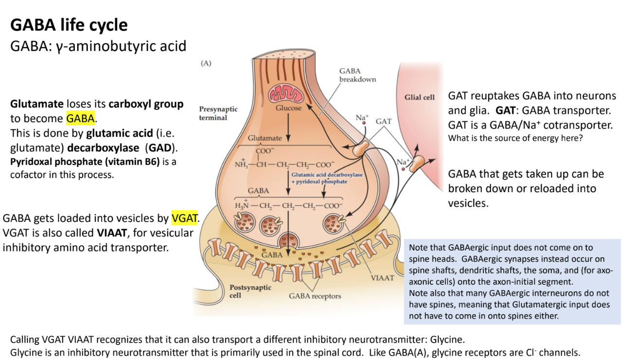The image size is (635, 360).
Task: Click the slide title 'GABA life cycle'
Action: (69, 24)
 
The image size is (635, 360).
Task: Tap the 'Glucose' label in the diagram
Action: (288, 108)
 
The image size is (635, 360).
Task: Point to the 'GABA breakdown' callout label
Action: (357, 75)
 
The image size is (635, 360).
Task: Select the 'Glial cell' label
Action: (419, 97)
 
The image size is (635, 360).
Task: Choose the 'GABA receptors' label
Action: (315, 296)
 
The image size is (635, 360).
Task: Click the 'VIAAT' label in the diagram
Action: (382, 278)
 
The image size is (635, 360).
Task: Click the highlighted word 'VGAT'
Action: (185, 218)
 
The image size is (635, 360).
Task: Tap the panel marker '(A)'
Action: (206, 63)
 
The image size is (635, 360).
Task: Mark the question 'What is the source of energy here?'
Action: (515, 138)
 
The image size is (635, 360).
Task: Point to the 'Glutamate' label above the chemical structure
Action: (265, 138)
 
